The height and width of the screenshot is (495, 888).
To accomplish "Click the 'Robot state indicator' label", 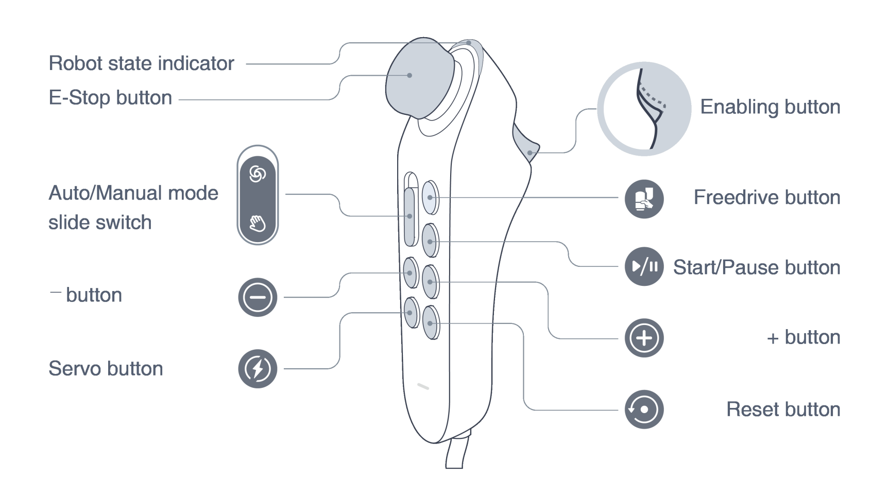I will [141, 63].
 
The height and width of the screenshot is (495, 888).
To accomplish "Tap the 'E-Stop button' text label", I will [110, 98].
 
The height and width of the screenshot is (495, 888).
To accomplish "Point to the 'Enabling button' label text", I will [770, 107].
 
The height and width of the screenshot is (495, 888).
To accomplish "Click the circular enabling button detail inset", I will [644, 109].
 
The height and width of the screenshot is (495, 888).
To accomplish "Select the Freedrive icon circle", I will [644, 199].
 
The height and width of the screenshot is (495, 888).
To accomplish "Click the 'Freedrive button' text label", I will [766, 197].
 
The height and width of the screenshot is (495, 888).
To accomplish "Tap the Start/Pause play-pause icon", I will [644, 266].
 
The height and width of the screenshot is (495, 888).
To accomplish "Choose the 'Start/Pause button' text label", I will [756, 267].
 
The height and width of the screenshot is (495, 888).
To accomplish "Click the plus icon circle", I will [644, 338].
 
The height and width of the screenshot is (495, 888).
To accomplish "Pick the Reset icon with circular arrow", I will [644, 409].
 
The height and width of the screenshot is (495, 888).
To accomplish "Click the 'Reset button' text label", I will [783, 409].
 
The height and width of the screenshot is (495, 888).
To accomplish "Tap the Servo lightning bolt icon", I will [258, 369].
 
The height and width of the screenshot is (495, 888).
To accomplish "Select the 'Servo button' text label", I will [106, 369].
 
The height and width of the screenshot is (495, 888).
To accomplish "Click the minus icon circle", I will [258, 297].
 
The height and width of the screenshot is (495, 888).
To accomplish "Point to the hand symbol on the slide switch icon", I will [258, 223].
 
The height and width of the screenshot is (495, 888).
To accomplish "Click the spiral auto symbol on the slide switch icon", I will [258, 174].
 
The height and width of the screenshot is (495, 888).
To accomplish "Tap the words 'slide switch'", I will [100, 223].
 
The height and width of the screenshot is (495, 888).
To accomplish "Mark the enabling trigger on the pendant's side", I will [525, 144].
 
